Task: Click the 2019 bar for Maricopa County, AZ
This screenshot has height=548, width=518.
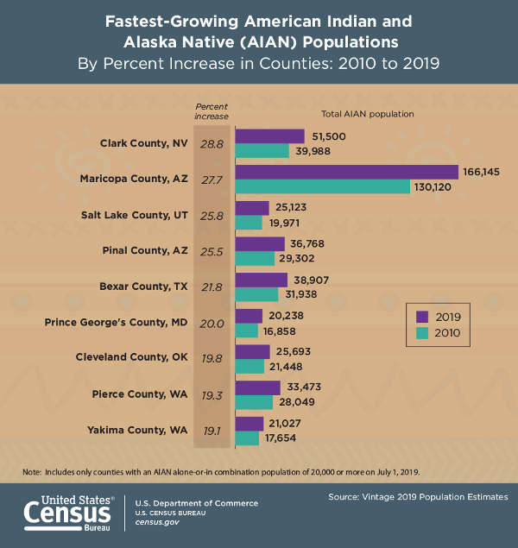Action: [x=346, y=172]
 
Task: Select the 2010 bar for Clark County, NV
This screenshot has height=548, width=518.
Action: [x=262, y=151]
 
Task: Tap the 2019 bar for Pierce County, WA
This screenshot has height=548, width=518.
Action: [x=257, y=387]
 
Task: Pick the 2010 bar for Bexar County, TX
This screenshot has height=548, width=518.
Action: [x=256, y=294]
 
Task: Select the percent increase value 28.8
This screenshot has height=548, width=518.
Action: [x=212, y=143]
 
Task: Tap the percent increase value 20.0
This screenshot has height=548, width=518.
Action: [x=212, y=323]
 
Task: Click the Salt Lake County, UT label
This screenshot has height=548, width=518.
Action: [x=131, y=215]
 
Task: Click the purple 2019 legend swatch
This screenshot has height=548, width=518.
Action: [x=421, y=316]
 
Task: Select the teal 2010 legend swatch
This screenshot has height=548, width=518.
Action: [x=421, y=332]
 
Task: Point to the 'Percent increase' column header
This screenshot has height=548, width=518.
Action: [x=212, y=110]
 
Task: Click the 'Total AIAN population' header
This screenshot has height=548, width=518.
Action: [x=368, y=114]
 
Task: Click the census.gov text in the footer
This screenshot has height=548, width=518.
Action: [x=155, y=523]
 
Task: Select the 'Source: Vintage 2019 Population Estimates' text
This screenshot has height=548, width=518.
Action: [x=418, y=498]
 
